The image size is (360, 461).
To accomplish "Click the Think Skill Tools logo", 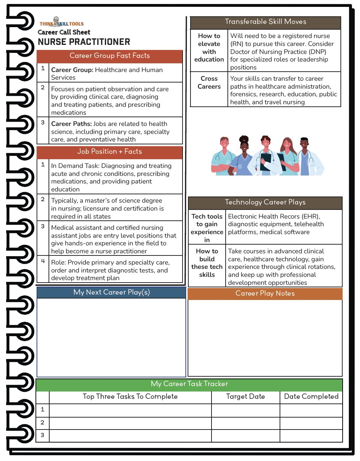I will point(62,23).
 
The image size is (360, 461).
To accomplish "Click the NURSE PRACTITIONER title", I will point(84,42).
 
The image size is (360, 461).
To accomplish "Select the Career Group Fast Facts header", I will point(109,56).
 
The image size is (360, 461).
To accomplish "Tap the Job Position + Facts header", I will point(109,152).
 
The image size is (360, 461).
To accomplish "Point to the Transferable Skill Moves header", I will point(265,22).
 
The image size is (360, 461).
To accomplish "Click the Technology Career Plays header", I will point(265,203).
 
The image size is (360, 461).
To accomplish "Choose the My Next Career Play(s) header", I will point(111,292).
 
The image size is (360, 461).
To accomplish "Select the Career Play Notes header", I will point(265,293).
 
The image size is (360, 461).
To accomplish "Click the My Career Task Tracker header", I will point(189,384).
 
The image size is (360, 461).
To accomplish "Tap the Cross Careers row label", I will point(209,83).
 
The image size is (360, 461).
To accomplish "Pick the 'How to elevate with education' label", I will point(209,48).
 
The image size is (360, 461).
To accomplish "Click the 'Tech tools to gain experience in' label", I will point(207,228).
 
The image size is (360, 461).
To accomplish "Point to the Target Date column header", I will point(246,397).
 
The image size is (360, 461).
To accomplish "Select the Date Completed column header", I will point(311,397).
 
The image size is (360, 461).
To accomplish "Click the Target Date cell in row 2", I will point(246,423).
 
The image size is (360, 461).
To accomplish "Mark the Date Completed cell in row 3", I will point(311,435).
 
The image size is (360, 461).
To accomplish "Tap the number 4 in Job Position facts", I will point(43,261).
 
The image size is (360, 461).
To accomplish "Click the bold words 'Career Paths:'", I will point(71,124).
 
